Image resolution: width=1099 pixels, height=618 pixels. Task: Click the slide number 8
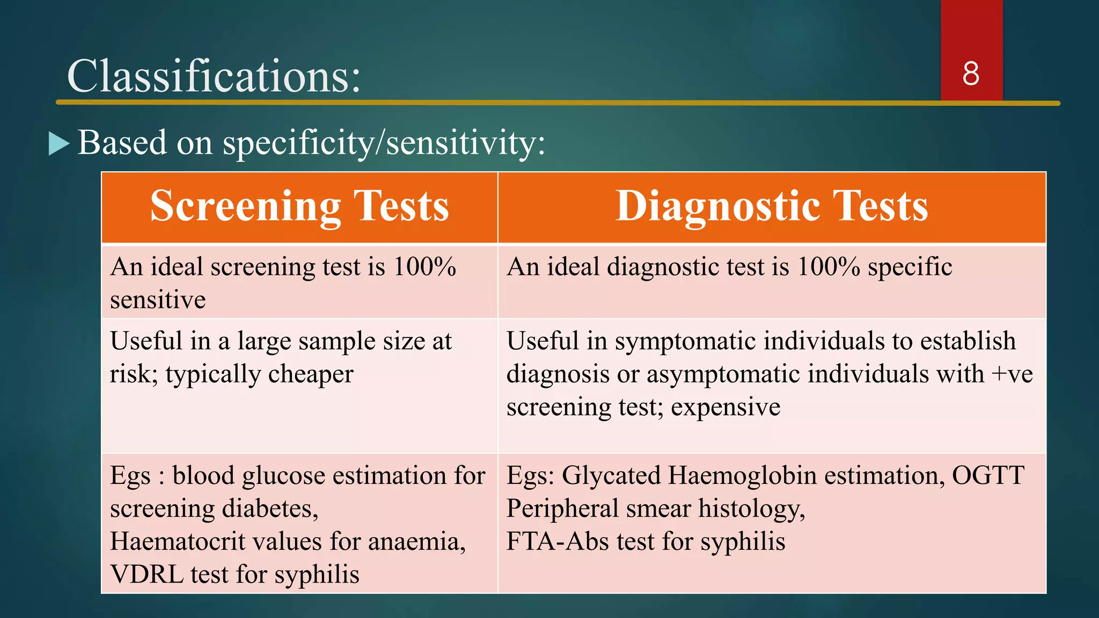pos(971,74)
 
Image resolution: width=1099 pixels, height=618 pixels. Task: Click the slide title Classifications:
pos(214,77)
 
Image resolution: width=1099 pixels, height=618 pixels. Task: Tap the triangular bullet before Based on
pos(58,144)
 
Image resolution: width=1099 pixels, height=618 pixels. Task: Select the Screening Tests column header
pos(299,207)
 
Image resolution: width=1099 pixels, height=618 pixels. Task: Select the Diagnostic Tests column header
pos(772,207)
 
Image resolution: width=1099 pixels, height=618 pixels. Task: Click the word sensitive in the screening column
pos(158,300)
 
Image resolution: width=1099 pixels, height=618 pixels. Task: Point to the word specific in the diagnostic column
pos(910,267)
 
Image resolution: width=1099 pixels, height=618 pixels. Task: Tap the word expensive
pos(726,407)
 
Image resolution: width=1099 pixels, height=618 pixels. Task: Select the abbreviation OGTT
pos(988,476)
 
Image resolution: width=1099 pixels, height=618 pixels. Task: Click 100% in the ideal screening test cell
pos(424,267)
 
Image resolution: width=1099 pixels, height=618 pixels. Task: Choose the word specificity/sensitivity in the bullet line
pos(384,144)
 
